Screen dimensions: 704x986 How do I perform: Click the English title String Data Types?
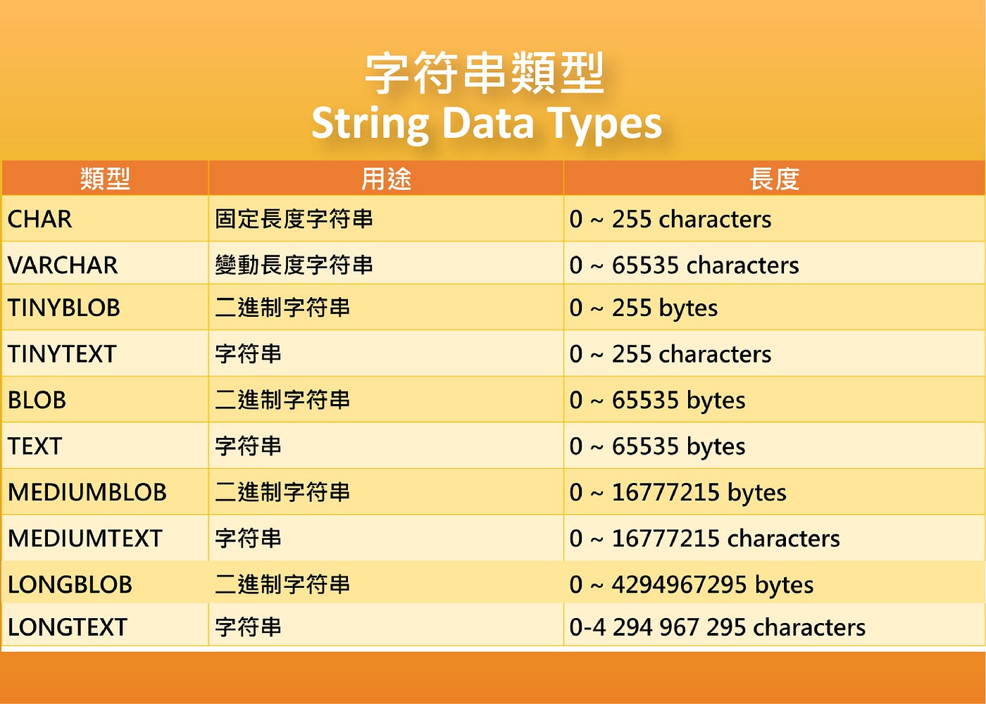487,123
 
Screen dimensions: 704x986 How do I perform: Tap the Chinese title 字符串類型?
485,73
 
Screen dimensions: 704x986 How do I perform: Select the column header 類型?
105,179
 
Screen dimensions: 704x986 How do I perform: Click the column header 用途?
386,179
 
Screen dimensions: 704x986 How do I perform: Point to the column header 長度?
774,179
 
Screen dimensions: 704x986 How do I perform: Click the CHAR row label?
40,220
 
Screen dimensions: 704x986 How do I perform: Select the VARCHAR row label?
63,265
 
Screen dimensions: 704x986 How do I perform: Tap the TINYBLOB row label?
64,308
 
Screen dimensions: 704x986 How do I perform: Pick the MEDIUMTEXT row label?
85,539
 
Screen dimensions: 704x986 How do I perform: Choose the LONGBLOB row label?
70,584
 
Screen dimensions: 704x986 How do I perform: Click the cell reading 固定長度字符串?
294,220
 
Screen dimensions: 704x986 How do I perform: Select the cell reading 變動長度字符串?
294,265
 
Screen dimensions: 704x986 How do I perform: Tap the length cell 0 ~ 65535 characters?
684,265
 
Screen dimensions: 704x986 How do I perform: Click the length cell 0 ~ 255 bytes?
644,308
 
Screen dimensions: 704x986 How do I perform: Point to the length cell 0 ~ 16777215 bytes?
678,493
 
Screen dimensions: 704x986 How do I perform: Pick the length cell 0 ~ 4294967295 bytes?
692,584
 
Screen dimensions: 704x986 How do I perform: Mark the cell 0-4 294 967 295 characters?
717,627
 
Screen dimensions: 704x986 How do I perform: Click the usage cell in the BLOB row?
282,401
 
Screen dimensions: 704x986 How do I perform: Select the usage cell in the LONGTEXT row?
248,627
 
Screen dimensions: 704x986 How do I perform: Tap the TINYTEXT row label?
62,354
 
